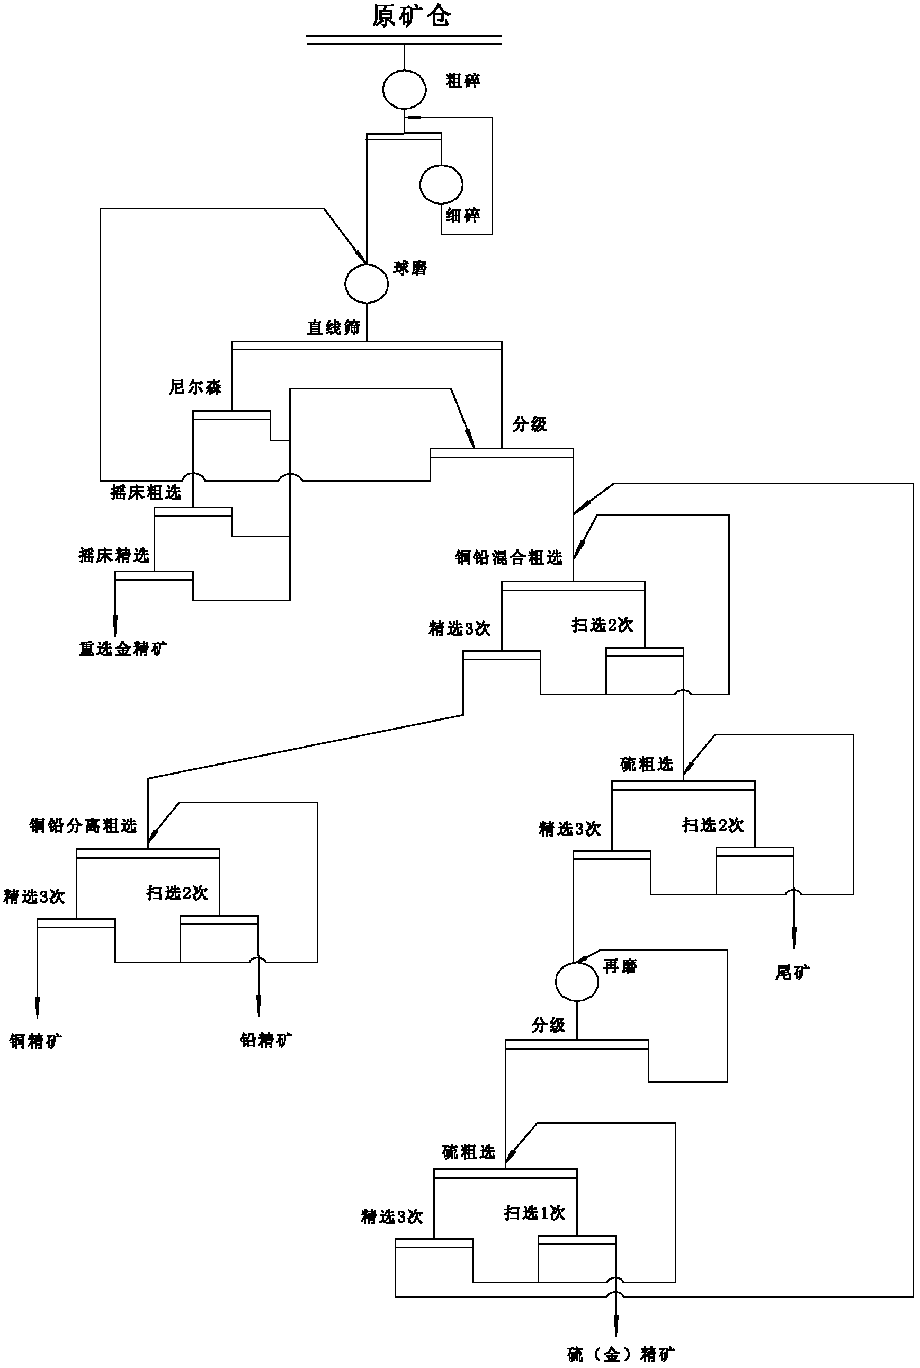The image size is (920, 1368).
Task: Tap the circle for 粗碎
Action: point(404,89)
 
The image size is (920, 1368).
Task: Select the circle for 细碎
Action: point(441,184)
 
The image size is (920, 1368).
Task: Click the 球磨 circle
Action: point(366,283)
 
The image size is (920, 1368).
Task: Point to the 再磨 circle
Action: point(577,981)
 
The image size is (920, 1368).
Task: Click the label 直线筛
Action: point(333,327)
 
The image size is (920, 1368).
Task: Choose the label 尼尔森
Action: point(195,387)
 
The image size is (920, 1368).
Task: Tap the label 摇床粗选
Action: point(146,492)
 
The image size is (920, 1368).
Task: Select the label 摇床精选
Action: point(114,555)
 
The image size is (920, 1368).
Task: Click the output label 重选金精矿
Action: point(123,649)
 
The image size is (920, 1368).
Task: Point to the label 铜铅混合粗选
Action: point(508,557)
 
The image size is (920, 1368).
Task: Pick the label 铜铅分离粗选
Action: point(83,826)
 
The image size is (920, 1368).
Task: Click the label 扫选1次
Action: point(534,1213)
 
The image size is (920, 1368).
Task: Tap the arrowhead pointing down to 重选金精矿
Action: point(115,623)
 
